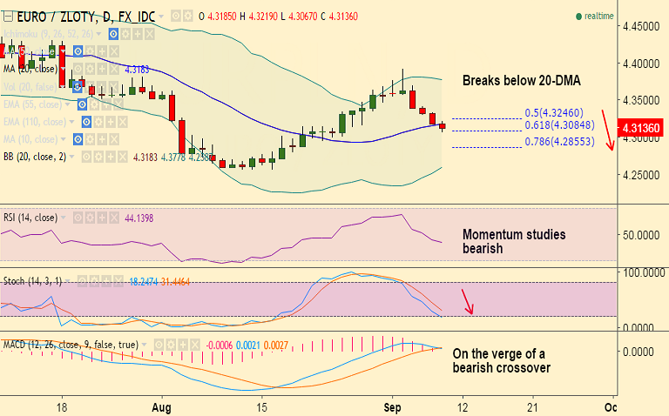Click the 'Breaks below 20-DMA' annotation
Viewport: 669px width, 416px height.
click(521, 80)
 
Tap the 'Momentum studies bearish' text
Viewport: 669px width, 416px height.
click(514, 241)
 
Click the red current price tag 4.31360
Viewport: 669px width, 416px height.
click(640, 128)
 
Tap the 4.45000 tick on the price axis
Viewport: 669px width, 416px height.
click(640, 27)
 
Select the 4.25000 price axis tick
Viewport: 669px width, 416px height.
click(640, 175)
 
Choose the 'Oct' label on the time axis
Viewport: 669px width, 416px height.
click(611, 406)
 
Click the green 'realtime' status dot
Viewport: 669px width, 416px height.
click(578, 16)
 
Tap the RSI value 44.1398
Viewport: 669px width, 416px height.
click(139, 218)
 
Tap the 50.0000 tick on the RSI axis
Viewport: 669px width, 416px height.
click(640, 235)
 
